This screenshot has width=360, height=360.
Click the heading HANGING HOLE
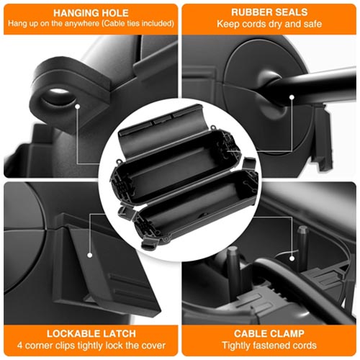coord(91,13)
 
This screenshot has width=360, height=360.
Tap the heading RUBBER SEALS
coord(269,12)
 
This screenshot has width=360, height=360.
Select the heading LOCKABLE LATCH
coord(91,333)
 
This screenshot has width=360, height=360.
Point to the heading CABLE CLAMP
coord(269,333)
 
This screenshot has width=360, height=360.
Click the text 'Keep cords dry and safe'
coord(269,24)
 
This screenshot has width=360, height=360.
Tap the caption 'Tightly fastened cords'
coord(269,346)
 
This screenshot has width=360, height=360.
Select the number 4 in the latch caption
coord(19,346)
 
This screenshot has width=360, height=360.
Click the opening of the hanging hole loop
coord(59,96)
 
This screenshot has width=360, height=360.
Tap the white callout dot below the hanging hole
coord(77,106)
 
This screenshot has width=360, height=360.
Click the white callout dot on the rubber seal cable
coord(292,97)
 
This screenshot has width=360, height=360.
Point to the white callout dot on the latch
coord(90,255)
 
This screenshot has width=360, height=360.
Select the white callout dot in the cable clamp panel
coord(292,258)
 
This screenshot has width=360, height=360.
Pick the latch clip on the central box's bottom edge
coord(149,243)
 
